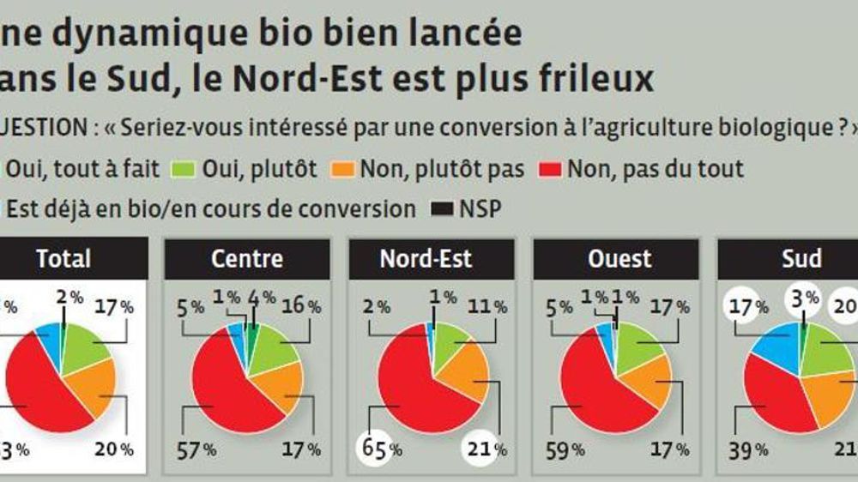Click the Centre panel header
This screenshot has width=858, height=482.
point(246,258)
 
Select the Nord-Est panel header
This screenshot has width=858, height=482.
point(432,258)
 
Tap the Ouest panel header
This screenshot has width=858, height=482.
point(616,258)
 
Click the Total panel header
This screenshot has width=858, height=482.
point(63,258)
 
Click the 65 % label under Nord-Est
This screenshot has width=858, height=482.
point(379,449)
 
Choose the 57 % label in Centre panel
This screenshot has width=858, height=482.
point(196,449)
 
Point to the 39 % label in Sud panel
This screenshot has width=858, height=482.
point(747,449)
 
